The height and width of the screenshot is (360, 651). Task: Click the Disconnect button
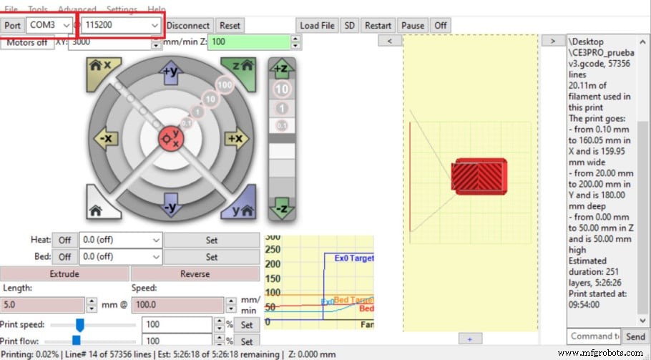[x=188, y=25]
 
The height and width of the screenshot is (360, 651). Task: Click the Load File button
[x=317, y=25]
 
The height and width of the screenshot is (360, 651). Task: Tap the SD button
[x=349, y=25]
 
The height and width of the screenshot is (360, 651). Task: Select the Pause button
[x=413, y=25]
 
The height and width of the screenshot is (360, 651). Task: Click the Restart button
[x=378, y=25]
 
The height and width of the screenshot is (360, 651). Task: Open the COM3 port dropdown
[x=49, y=25]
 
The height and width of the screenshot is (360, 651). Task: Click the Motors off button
[x=27, y=42]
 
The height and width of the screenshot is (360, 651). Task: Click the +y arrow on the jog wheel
[x=170, y=72]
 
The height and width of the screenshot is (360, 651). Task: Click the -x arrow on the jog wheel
[x=107, y=138]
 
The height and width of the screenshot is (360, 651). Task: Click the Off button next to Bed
[x=64, y=256]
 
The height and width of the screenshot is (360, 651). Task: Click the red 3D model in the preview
[x=479, y=175]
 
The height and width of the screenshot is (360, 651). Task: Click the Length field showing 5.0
[x=43, y=305]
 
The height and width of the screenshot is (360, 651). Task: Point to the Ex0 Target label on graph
[x=353, y=258]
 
